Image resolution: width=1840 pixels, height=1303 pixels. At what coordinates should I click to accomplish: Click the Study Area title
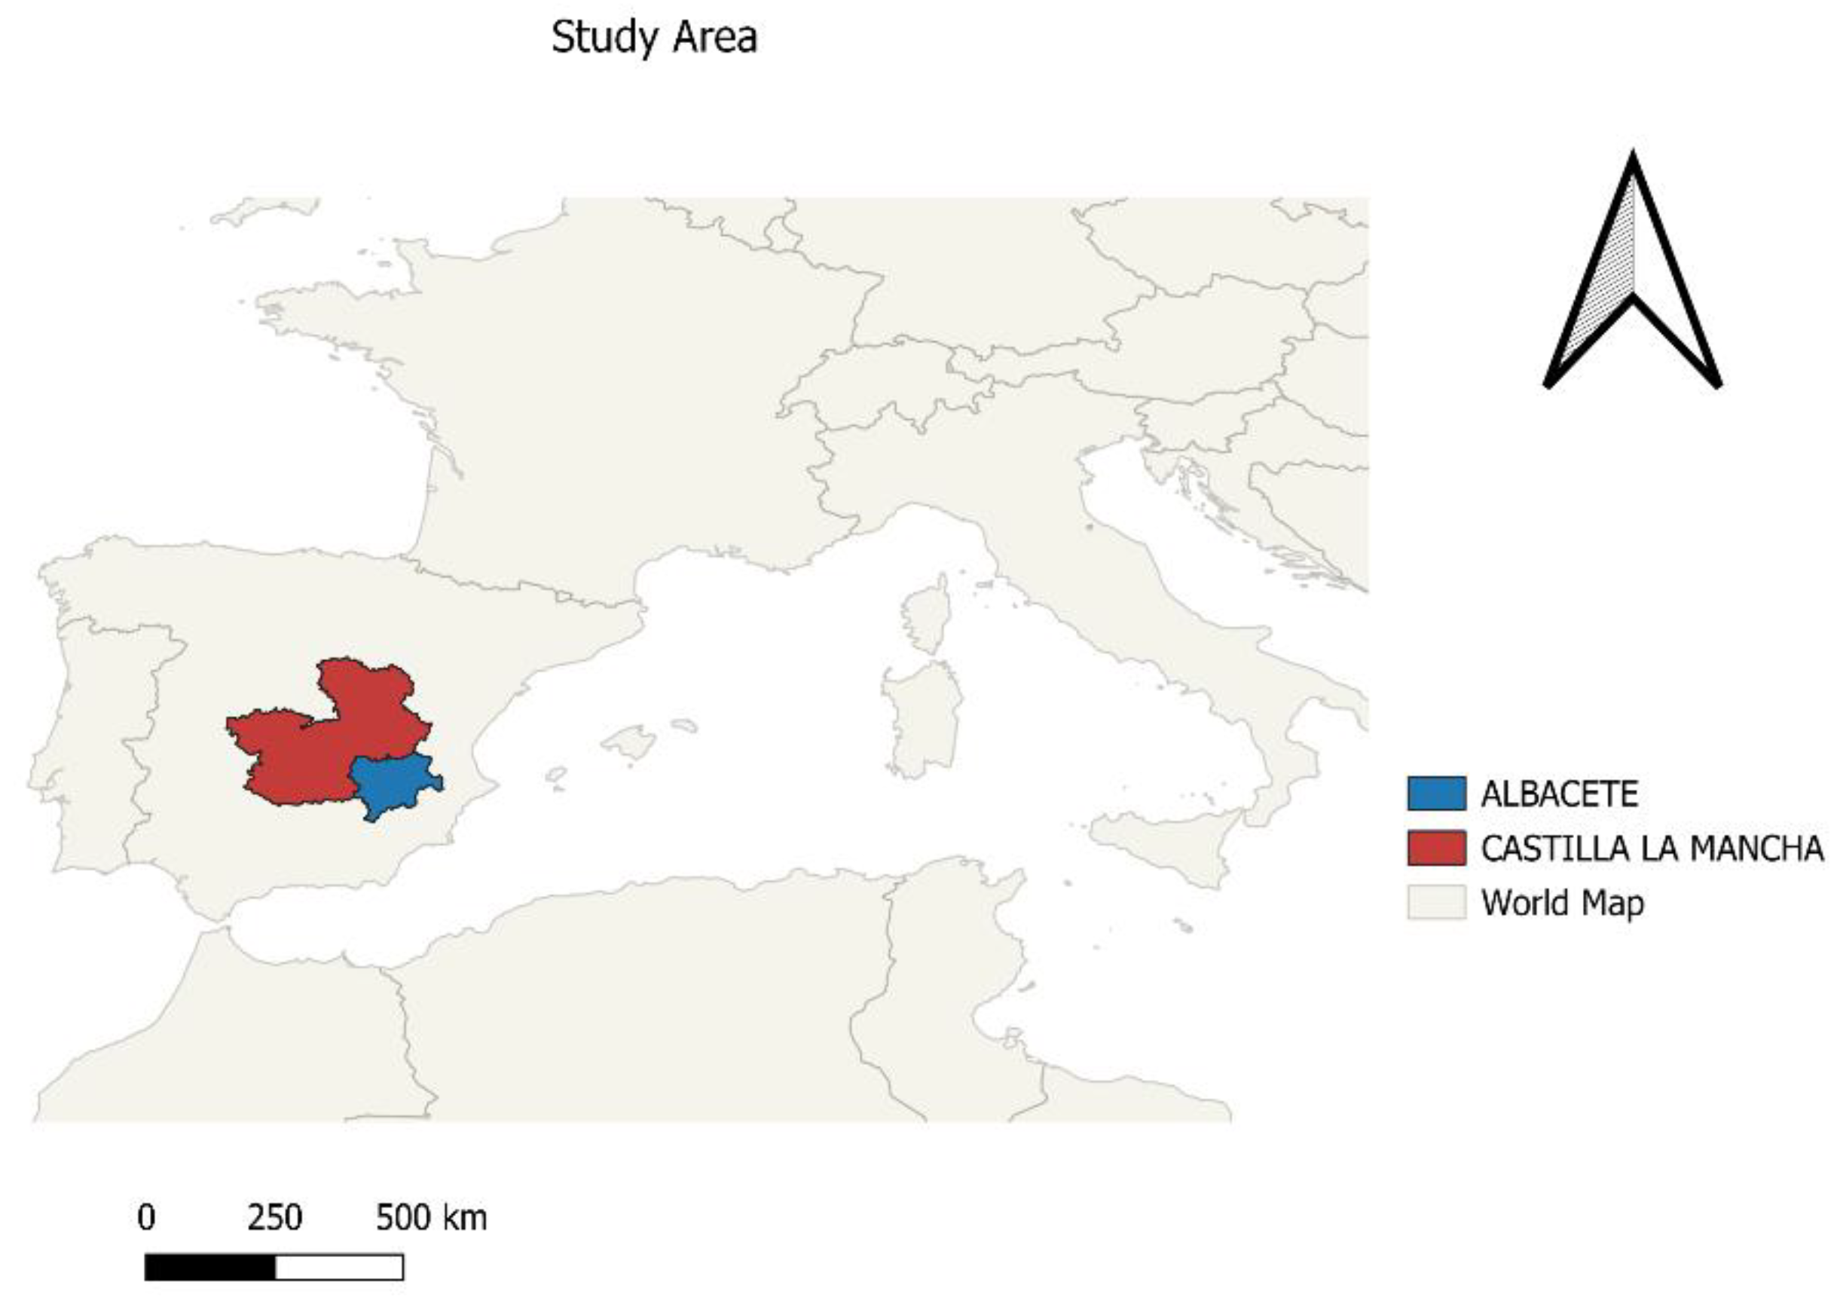coord(654,38)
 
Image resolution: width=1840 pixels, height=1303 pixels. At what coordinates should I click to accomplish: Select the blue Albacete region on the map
coord(393,784)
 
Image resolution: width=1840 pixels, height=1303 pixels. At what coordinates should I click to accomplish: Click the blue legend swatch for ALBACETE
coord(1435,794)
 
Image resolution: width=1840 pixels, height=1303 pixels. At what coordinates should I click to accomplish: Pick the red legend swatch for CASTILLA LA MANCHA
coord(1435,848)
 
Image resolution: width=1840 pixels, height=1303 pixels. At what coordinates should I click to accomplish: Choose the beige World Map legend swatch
coord(1435,903)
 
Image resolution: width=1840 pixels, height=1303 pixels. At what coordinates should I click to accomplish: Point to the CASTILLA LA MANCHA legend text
coord(1652,849)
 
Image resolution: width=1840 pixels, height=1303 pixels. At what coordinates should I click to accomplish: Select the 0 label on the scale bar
coord(146,1218)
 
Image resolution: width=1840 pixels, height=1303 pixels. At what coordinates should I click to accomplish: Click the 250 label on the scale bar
coord(274,1218)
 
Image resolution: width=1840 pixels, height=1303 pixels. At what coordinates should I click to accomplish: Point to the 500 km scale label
coord(431,1218)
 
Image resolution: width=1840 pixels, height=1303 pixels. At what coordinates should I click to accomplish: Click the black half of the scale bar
coord(210,1267)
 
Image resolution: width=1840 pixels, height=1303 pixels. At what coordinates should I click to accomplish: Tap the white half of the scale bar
coord(338,1267)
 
